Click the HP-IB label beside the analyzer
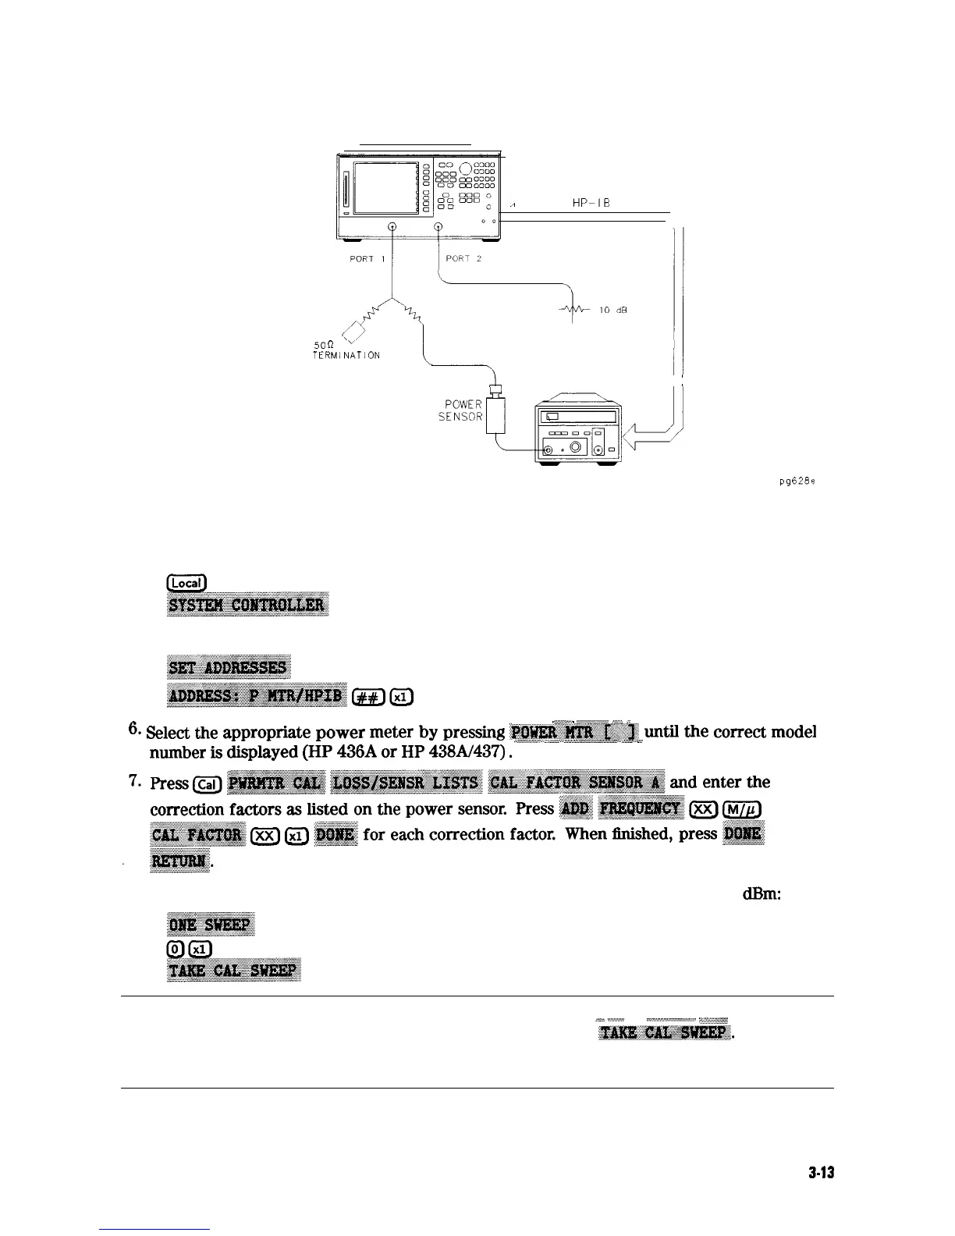[590, 203]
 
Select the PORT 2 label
[464, 259]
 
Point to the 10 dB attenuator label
[614, 310]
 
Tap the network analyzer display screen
[385, 187]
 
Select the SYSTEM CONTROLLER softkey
[247, 606]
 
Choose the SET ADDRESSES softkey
[229, 668]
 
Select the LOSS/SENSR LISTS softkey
[406, 783]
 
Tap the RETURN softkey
[179, 861]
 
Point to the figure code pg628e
[797, 481]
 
